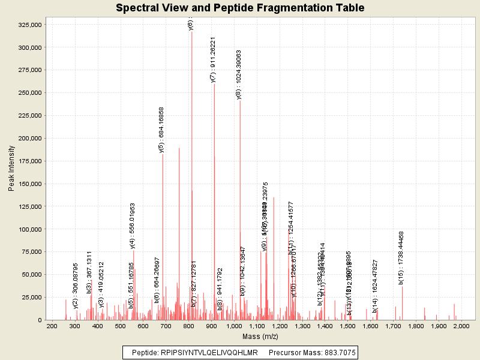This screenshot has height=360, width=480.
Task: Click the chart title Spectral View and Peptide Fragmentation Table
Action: pos(240,8)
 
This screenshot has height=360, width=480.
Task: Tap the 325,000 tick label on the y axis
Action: pos(29,25)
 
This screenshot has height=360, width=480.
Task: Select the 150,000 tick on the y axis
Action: pos(29,184)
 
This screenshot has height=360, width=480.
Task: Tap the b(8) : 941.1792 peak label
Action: pos(220,289)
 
